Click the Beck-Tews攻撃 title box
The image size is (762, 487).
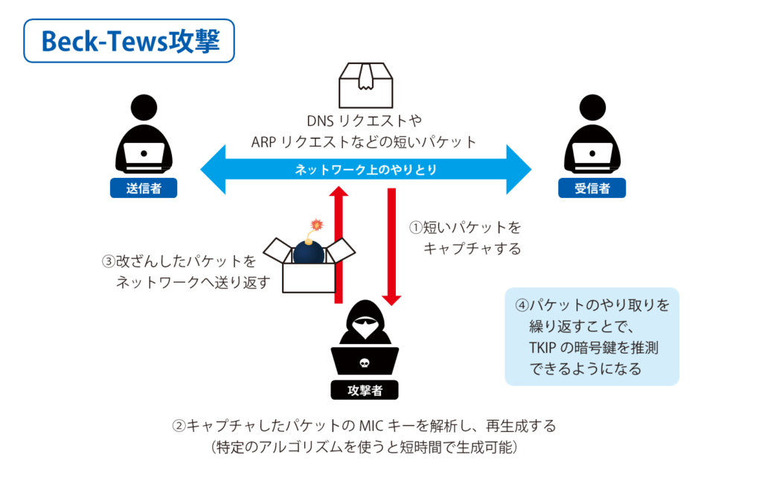[129, 41]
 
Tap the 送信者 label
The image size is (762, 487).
[144, 188]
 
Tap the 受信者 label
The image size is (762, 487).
[592, 188]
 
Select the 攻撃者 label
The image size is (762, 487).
[364, 389]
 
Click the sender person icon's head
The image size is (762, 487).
[144, 108]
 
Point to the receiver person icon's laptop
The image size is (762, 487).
[592, 155]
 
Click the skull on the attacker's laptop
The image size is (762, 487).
[364, 363]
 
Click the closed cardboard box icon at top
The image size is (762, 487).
[365, 83]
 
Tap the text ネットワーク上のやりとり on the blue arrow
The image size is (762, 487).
[365, 170]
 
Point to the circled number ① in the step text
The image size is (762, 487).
[416, 226]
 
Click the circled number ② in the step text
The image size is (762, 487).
[179, 427]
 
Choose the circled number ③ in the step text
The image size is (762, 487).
[108, 262]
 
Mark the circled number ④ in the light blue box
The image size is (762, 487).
[522, 305]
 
